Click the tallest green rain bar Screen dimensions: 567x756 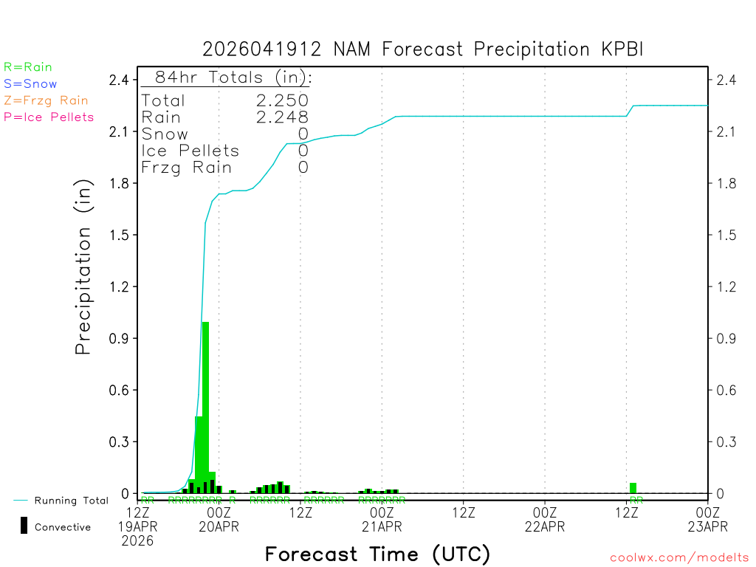pos(206,406)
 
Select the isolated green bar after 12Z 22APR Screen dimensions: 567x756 pos(633,488)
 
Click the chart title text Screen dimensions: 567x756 pos(423,49)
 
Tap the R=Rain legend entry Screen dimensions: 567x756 pos(28,67)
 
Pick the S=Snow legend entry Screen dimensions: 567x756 pos(30,84)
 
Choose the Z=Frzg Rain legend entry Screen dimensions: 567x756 pos(46,100)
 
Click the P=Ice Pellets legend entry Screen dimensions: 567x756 pos(49,117)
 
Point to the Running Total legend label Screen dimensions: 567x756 pos(72,501)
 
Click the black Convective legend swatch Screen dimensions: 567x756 pos(24,525)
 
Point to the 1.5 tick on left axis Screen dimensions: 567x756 pos(120,235)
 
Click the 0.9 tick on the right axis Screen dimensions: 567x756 pos(722,338)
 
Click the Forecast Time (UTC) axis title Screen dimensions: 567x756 pos(377,554)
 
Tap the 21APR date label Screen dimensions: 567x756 pos(382,526)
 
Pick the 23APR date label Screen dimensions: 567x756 pos(707,526)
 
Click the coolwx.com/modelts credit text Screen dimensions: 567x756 pos(679,558)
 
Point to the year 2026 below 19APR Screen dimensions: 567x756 pos(139,541)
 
